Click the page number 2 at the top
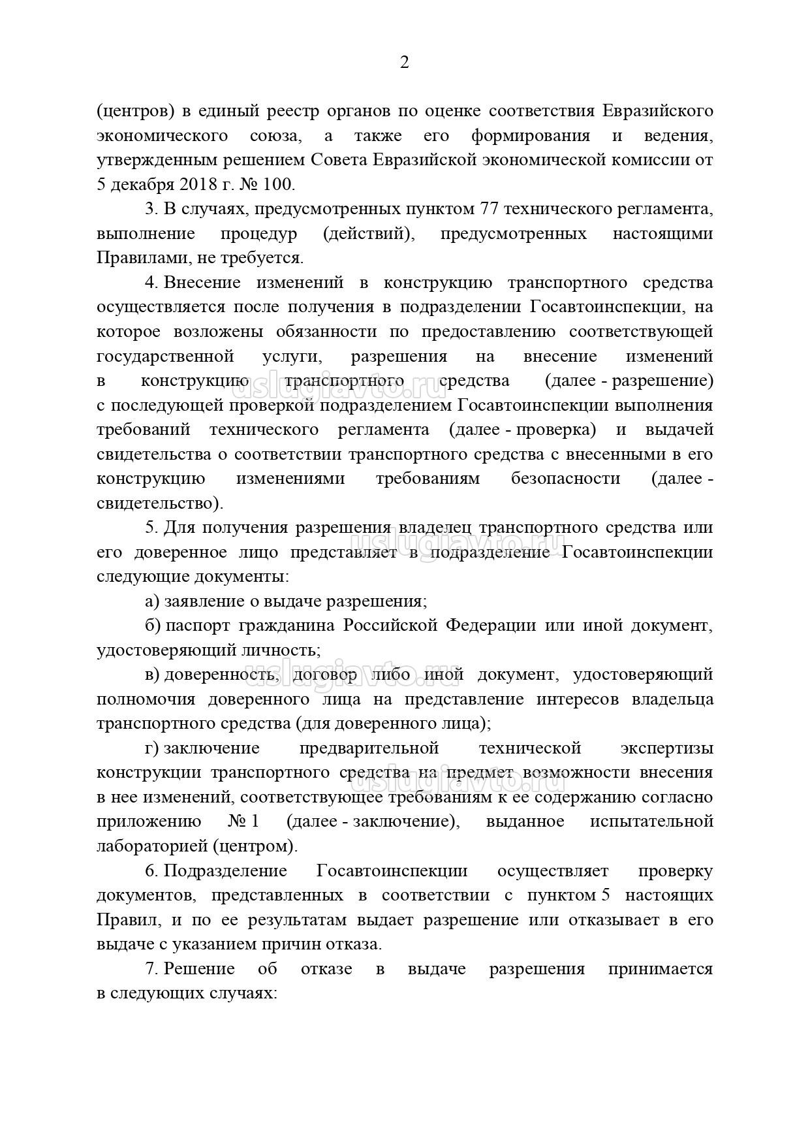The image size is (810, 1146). tap(404, 63)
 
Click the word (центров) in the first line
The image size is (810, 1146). tap(135, 112)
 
